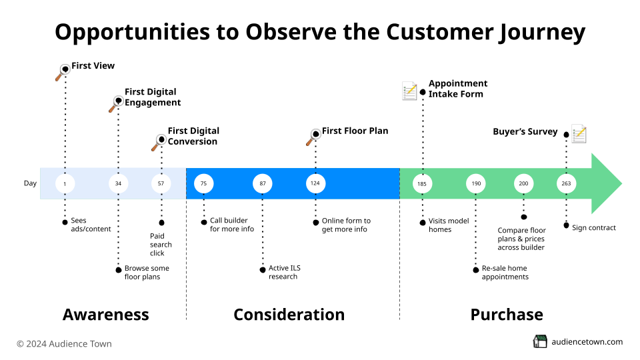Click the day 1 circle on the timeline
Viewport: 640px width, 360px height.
point(65,183)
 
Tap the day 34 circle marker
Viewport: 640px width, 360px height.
point(118,183)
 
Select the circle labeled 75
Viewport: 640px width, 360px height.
point(203,183)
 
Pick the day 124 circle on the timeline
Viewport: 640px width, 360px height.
point(315,183)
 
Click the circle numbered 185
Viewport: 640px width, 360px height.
point(422,183)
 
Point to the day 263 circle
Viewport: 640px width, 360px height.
point(566,183)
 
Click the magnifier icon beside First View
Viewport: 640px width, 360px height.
point(63,72)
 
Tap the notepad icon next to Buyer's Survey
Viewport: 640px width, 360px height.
point(579,133)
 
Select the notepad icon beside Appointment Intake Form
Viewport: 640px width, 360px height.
point(409,91)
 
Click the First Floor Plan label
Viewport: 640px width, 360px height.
point(355,131)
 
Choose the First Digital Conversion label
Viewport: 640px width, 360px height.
point(193,136)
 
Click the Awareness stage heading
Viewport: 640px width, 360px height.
point(106,315)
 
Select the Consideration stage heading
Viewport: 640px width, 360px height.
point(289,315)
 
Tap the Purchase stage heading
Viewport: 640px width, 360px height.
point(507,315)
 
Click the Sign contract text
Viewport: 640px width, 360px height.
point(594,227)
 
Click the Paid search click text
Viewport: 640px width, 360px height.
point(161,244)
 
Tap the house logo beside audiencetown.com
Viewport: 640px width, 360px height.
point(540,341)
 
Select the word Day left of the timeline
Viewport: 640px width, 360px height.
point(31,183)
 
